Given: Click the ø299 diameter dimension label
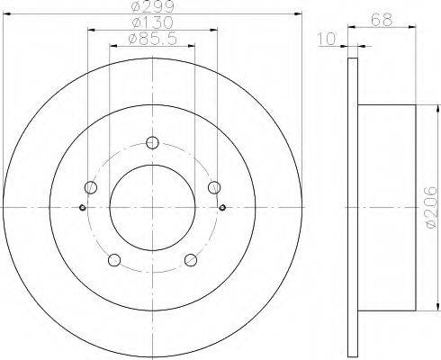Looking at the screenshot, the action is (x=152, y=6).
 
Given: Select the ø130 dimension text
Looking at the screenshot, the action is (x=152, y=22).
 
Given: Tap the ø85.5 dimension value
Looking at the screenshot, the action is (x=152, y=39).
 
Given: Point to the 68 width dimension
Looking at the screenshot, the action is (x=382, y=21).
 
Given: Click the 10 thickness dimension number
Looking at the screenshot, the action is (x=327, y=39).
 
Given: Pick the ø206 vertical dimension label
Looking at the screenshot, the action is (x=432, y=207).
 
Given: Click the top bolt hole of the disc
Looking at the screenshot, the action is (x=152, y=142).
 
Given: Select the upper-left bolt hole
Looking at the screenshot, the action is (x=91, y=187).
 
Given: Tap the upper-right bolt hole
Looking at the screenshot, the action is (x=214, y=187).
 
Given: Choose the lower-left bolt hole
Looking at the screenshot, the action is (x=114, y=260).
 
